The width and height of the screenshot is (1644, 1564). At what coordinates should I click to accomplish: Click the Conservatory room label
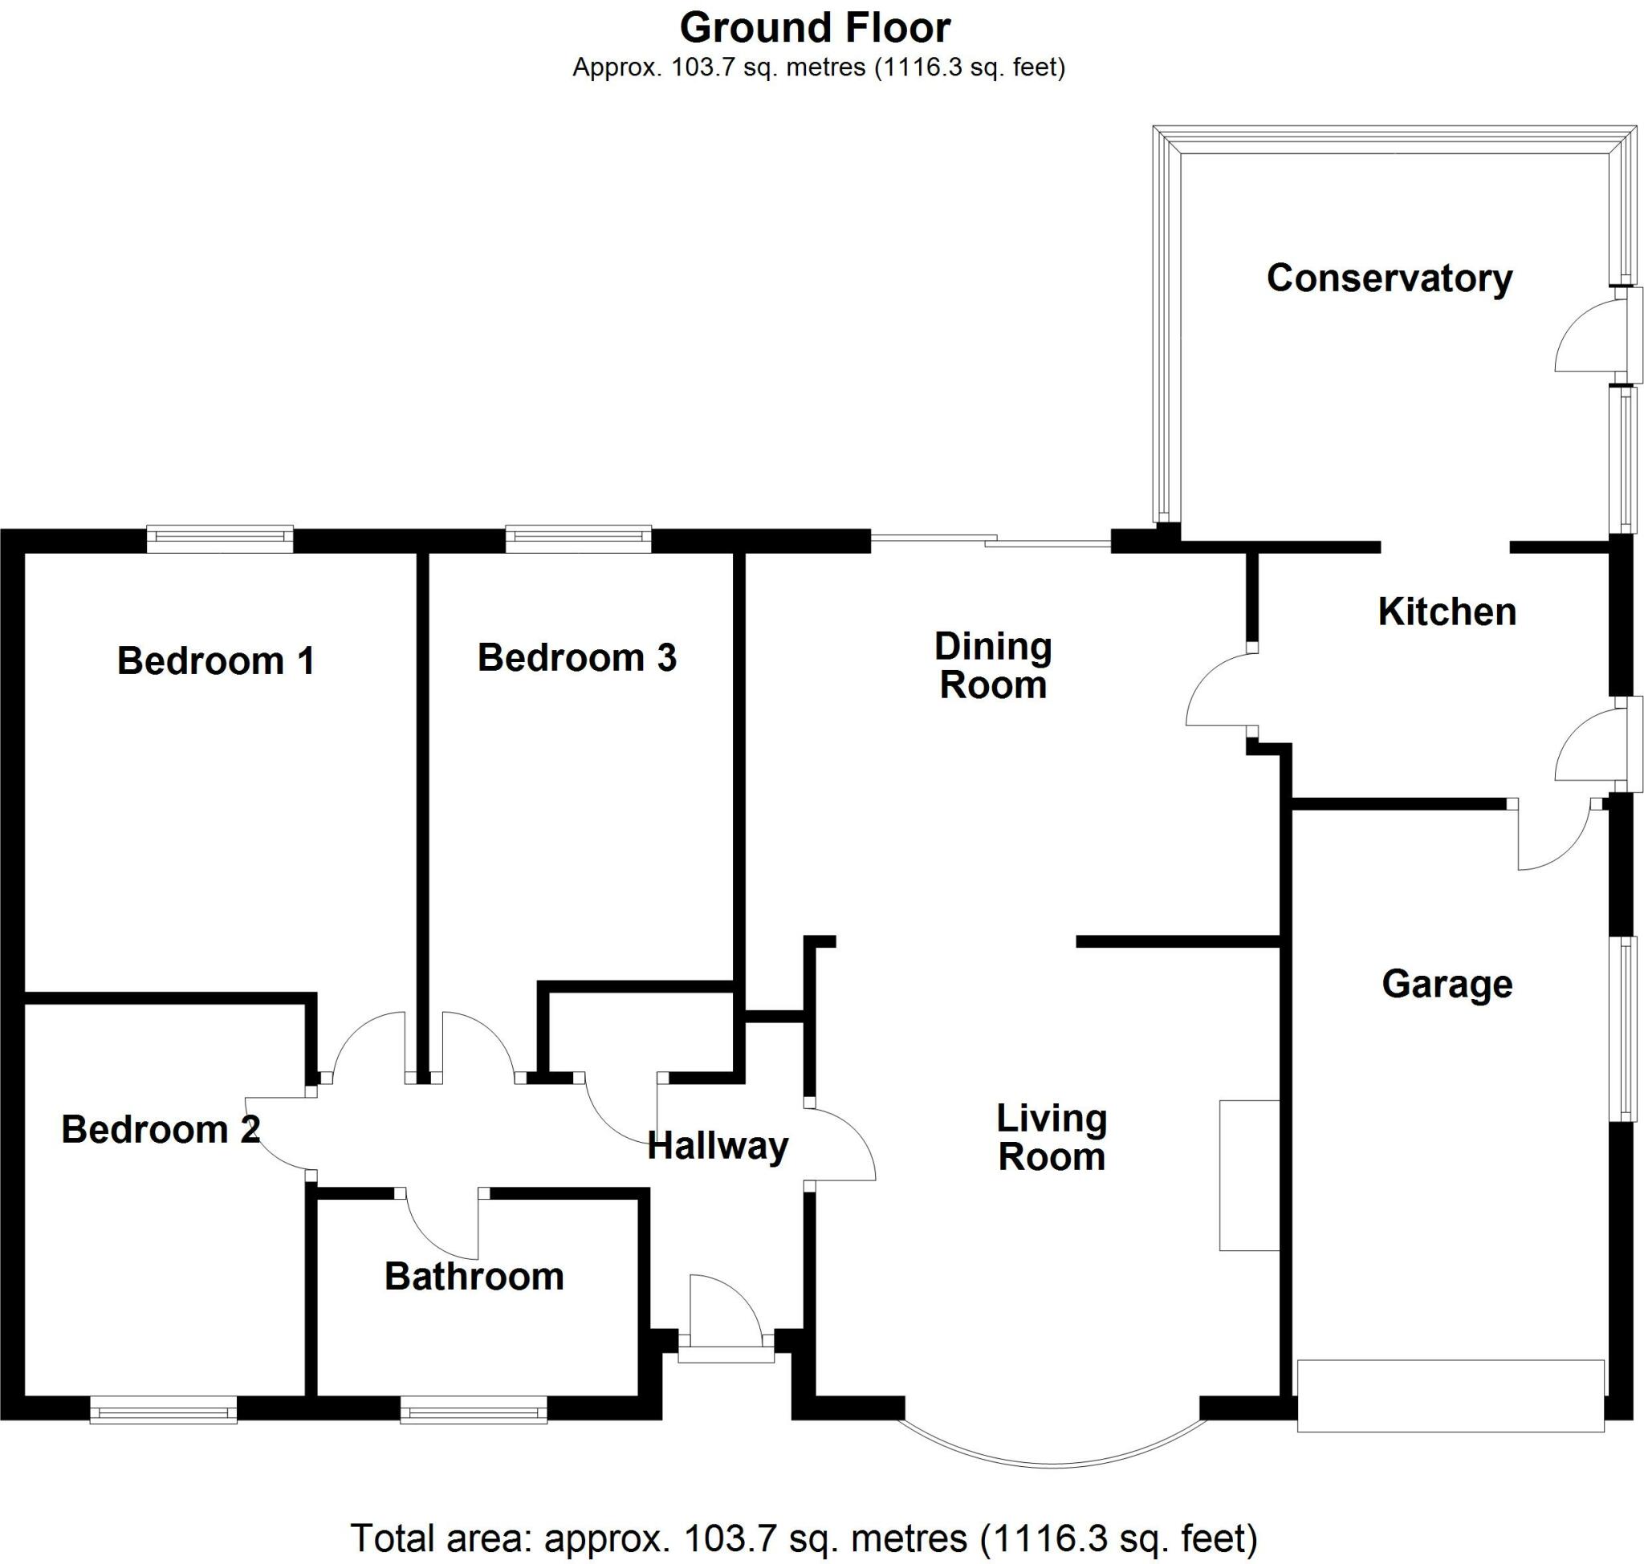click(x=1389, y=278)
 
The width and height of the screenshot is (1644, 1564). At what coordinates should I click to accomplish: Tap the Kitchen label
click(x=1447, y=612)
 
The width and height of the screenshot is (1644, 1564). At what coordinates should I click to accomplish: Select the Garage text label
click(x=1447, y=984)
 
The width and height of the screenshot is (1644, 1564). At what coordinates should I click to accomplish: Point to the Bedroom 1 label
click(x=215, y=661)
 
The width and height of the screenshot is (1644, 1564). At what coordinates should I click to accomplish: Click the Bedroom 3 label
click(x=576, y=658)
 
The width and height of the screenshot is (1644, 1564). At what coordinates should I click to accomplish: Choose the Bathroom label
click(x=474, y=1277)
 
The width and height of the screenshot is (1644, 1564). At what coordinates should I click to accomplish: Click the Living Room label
click(x=1051, y=1137)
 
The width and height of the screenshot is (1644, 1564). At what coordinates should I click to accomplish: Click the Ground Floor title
click(x=815, y=28)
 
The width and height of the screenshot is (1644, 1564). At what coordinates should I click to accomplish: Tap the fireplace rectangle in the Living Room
click(x=1248, y=1176)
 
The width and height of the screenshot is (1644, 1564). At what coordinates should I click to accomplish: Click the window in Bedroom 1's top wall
click(x=219, y=538)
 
